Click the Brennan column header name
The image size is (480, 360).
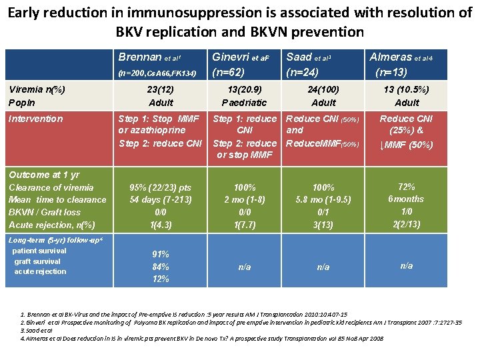[x=140, y=57]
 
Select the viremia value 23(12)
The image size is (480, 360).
[x=160, y=89]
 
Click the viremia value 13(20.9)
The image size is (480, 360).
[x=244, y=89]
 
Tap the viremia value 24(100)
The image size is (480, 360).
[x=323, y=89]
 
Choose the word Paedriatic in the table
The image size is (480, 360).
[x=244, y=102]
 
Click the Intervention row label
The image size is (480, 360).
[x=35, y=119]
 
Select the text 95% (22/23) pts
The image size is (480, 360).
[x=160, y=187]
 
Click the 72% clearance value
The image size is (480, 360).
[x=406, y=187]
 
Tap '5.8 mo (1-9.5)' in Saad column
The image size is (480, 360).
[x=323, y=200]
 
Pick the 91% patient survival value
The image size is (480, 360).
[x=160, y=255]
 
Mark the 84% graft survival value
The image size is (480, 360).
[x=160, y=267]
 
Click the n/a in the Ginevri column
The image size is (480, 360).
[x=244, y=267]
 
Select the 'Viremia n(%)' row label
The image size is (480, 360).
[x=37, y=89]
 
